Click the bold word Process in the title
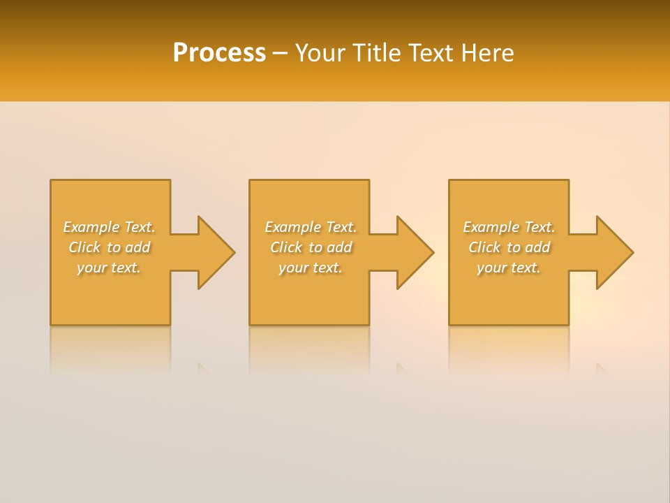219,53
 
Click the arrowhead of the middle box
415,252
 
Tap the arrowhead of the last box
614,252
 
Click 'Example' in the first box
91,227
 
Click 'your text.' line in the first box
109,268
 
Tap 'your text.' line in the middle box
311,268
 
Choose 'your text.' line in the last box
509,268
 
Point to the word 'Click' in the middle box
286,247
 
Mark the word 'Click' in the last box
484,247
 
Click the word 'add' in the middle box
339,247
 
